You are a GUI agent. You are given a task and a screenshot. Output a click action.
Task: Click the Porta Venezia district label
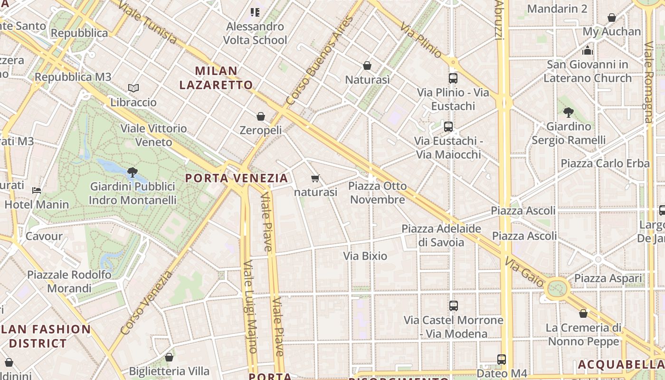coord(237,178)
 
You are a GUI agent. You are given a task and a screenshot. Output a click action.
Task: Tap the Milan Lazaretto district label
coord(216,78)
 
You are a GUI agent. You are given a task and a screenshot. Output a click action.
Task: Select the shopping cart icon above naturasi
coord(315,179)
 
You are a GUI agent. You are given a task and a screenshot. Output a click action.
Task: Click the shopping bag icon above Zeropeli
coord(260,116)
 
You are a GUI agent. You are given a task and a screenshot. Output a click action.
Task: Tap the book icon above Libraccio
coord(133,88)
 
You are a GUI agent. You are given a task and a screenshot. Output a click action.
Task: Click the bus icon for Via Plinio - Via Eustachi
coord(453,78)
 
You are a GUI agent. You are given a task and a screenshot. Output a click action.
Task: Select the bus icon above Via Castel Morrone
coord(454,306)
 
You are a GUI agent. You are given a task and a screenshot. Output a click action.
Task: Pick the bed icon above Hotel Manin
coord(37,191)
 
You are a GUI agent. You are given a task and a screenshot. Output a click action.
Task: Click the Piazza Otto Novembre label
coord(378,192)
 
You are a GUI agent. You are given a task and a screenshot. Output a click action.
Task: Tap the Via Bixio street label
coord(365,256)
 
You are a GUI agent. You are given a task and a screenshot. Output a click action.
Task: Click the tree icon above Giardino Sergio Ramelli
coord(568,113)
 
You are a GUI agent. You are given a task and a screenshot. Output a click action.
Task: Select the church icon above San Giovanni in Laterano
coord(588,50)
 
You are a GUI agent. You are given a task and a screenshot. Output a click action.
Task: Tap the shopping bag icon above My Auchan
coord(612,18)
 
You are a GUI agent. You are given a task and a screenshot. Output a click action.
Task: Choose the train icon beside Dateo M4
coord(502,360)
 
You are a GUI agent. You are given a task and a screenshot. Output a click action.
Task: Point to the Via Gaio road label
coord(524,272)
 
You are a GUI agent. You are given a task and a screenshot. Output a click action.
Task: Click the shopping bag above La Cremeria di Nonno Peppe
coord(583,313)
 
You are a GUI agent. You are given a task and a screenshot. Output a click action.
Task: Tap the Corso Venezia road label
coord(147,303)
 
